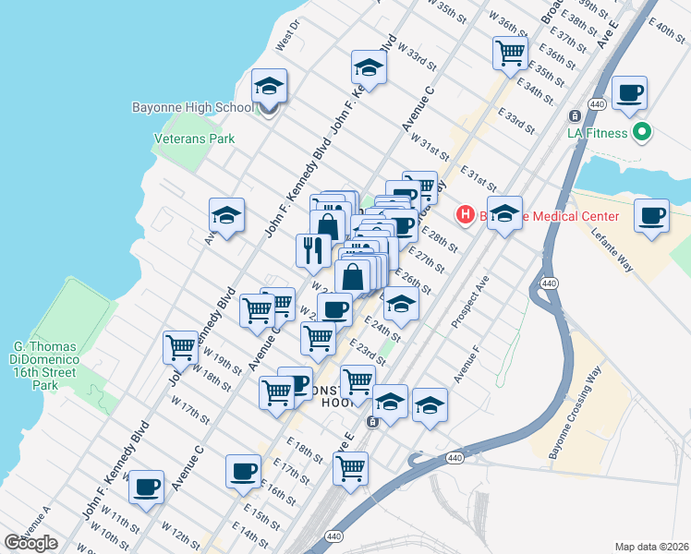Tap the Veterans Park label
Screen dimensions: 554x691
(194, 138)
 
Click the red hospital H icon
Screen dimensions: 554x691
(467, 215)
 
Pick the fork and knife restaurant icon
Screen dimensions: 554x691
(313, 249)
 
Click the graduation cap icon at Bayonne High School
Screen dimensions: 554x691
(269, 86)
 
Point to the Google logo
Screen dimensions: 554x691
(31, 543)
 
